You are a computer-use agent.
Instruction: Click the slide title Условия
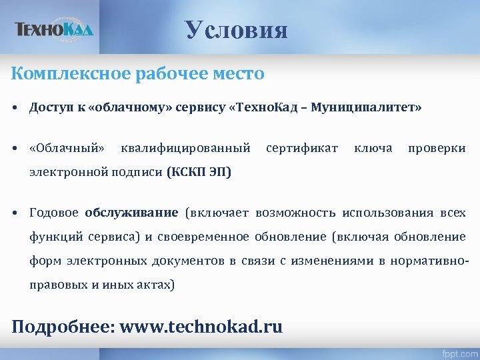pos(237,30)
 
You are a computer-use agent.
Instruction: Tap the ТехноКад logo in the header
pos(55,29)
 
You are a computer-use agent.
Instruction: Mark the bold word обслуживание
pos(131,213)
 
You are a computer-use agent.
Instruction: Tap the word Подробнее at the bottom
pos(61,327)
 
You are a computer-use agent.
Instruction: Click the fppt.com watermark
pos(458,351)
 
